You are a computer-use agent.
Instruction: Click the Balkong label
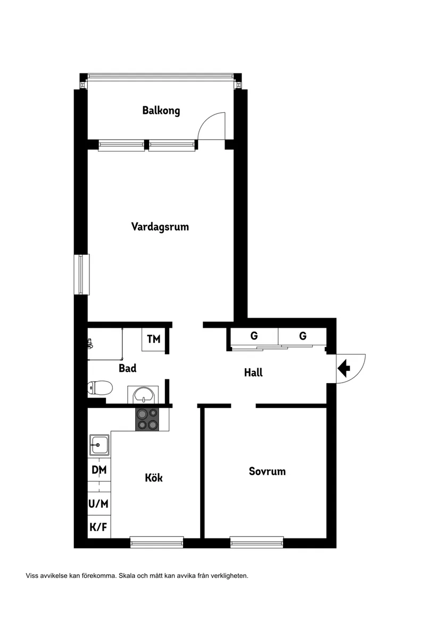161,111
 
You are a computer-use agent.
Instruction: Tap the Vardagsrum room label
160,227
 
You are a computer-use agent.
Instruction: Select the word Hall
253,372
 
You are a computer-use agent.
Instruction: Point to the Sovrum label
267,471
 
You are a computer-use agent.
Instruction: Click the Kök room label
154,477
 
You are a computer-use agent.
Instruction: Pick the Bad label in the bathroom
128,368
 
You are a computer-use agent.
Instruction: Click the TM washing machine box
154,340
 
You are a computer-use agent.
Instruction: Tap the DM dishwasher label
99,470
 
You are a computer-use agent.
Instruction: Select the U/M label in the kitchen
99,503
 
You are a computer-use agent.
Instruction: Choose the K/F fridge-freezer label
99,527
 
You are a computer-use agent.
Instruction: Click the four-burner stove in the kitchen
147,419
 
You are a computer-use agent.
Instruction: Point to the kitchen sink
100,444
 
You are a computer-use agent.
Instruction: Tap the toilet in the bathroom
100,388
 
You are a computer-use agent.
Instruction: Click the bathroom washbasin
144,395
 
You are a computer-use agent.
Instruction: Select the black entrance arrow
344,368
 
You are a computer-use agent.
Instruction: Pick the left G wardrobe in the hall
254,336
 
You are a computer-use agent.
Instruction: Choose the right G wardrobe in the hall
303,336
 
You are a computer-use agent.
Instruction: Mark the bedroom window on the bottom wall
256,542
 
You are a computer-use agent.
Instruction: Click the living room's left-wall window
81,274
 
